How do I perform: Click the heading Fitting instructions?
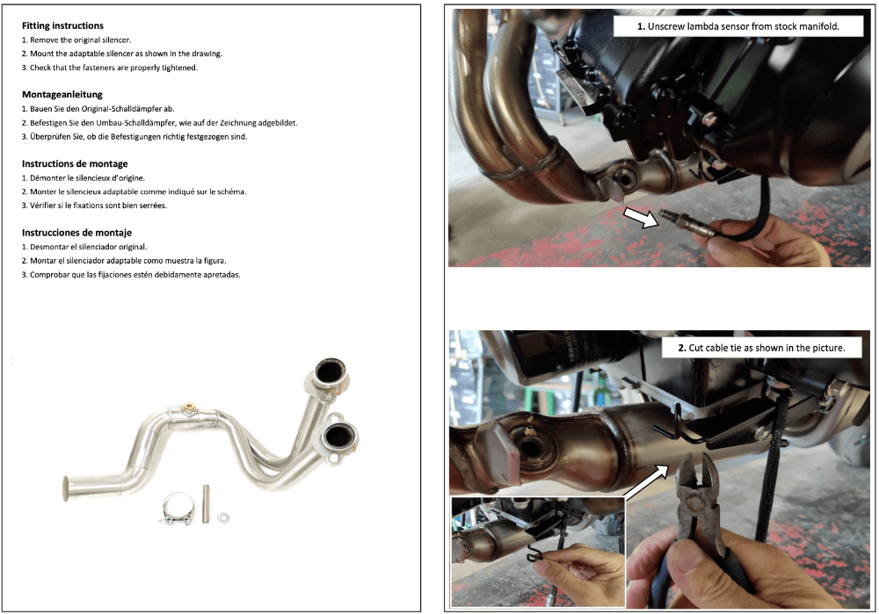pyautogui.click(x=62, y=26)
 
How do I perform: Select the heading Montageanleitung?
pyautogui.click(x=62, y=94)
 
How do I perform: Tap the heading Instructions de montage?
pyautogui.click(x=75, y=163)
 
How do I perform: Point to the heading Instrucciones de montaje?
pyautogui.click(x=76, y=233)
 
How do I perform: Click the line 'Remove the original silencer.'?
pyautogui.click(x=76, y=40)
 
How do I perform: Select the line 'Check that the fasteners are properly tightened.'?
pyautogui.click(x=110, y=68)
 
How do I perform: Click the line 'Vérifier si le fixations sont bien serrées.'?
pyautogui.click(x=95, y=206)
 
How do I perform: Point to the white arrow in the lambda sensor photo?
pyautogui.click(x=640, y=217)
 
